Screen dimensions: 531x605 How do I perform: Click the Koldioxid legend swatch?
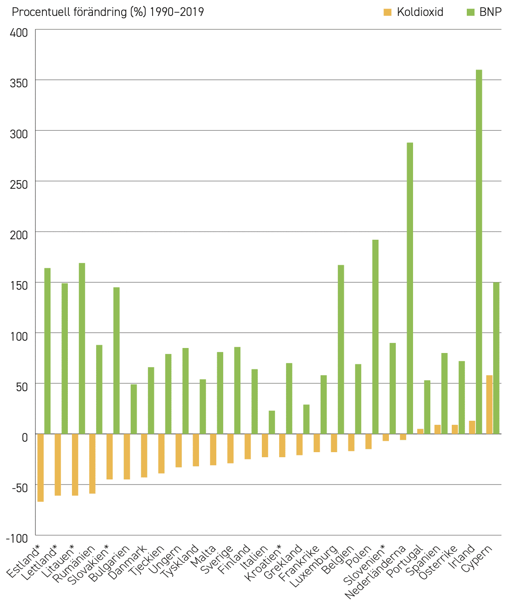coord(387,12)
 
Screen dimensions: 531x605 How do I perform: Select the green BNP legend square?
coord(470,12)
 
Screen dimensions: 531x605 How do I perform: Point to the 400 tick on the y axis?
coord(19,33)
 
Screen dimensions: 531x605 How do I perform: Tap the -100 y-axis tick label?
coord(17,539)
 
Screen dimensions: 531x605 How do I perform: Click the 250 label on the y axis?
coord(19,185)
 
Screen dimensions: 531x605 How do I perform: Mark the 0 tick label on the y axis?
coord(25,438)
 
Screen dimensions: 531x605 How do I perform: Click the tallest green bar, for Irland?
coord(479,252)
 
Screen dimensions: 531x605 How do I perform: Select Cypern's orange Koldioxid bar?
coord(489,405)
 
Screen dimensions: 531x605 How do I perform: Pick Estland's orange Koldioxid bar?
coord(41,468)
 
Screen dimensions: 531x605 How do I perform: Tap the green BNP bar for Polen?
coord(375,337)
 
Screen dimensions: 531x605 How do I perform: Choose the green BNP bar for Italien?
coord(272,422)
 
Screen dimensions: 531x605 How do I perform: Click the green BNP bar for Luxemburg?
coord(341,349)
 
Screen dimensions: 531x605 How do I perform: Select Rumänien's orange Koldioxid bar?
coord(92,464)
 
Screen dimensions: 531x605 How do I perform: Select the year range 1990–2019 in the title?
coord(177,12)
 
